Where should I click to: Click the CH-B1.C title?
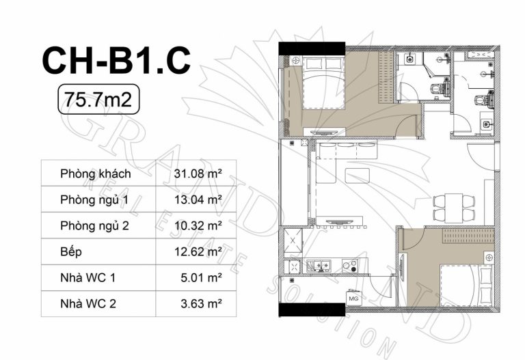pyautogui.click(x=116, y=61)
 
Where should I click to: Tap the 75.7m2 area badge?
pyautogui.click(x=98, y=99)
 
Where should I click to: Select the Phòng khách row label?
pyautogui.click(x=96, y=174)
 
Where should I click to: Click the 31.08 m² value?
pyautogui.click(x=198, y=174)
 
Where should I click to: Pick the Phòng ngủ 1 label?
pyautogui.click(x=94, y=199)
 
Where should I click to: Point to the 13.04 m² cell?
pyautogui.click(x=198, y=199)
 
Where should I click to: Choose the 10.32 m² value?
pyautogui.click(x=198, y=226)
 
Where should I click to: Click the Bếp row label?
pyautogui.click(x=71, y=251)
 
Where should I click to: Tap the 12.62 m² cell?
pyautogui.click(x=198, y=251)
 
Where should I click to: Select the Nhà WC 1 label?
pyautogui.click(x=87, y=278)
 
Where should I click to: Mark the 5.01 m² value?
pyautogui.click(x=201, y=278)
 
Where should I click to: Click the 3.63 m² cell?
pyautogui.click(x=201, y=304)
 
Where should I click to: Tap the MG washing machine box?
pyautogui.click(x=353, y=299)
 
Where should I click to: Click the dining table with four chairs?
pyautogui.click(x=454, y=208)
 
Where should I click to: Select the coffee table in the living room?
pyautogui.click(x=358, y=176)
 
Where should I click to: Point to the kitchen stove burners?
pyautogui.click(x=351, y=266)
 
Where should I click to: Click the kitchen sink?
pyautogui.click(x=318, y=266)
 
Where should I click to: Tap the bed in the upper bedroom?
pyautogui.click(x=324, y=83)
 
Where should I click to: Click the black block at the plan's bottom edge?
pyautogui.click(x=312, y=310)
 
